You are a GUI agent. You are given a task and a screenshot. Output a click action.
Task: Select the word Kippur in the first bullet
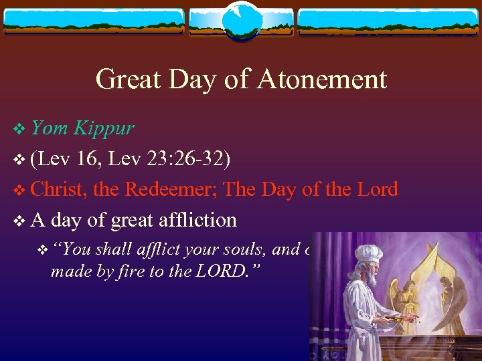pos(104,128)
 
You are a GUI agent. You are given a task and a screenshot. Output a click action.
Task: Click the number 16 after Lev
pos(86,158)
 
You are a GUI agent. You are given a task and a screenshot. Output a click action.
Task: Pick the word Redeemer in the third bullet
pos(171,189)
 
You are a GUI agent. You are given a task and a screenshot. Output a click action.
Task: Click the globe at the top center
pos(241,21)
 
